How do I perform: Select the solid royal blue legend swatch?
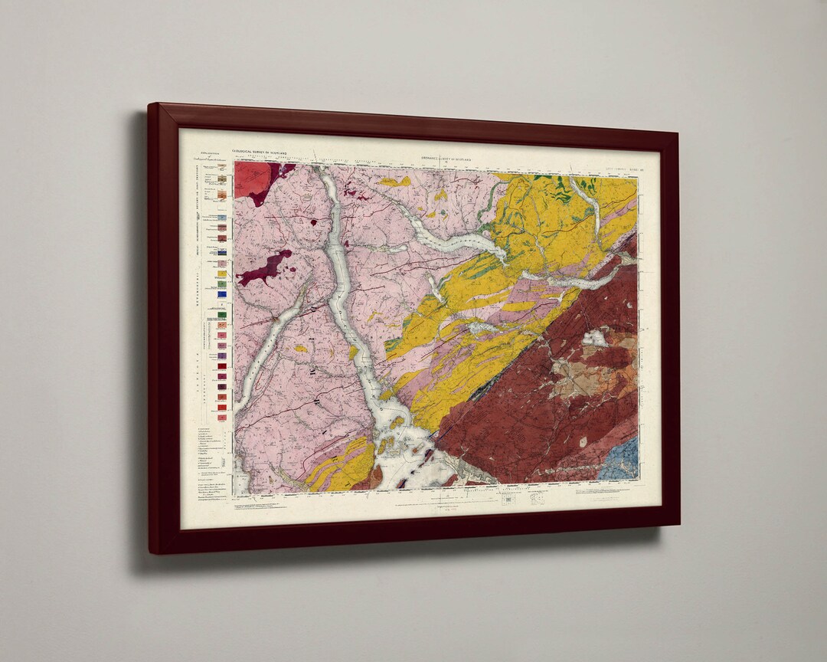pyautogui.click(x=222, y=293)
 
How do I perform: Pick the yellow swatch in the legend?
pyautogui.click(x=222, y=274)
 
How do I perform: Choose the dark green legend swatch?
pyautogui.click(x=222, y=313)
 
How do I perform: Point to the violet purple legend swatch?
pyautogui.click(x=222, y=356)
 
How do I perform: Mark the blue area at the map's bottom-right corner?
pyautogui.click(x=620, y=460)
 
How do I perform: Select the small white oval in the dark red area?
pyautogui.click(x=583, y=441)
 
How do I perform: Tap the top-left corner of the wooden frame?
pyautogui.click(x=152, y=107)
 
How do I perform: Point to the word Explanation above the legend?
pyautogui.click(x=198, y=153)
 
